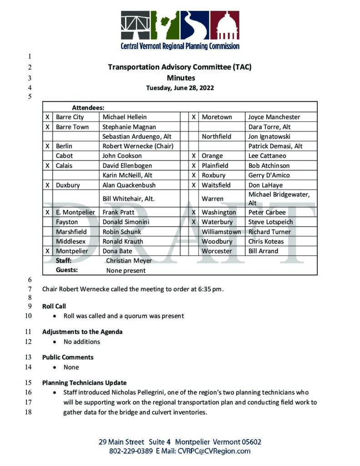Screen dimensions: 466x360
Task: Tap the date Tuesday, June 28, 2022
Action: click(x=180, y=88)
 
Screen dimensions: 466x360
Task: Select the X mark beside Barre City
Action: click(x=47, y=117)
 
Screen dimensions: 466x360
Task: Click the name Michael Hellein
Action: click(x=124, y=117)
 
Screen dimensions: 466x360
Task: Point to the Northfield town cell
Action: click(x=216, y=137)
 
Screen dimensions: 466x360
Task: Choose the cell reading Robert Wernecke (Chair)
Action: click(x=139, y=146)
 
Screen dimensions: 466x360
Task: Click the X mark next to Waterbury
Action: click(x=193, y=222)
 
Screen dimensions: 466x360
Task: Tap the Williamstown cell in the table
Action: click(x=221, y=232)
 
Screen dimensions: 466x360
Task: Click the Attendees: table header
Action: click(x=88, y=108)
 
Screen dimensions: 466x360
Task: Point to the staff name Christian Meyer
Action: click(x=129, y=261)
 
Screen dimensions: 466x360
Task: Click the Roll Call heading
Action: click(x=54, y=306)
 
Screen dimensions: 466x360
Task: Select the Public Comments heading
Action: click(x=68, y=357)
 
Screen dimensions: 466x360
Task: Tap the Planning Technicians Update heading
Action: click(x=84, y=383)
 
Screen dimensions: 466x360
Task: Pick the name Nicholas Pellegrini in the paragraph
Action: click(x=136, y=392)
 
